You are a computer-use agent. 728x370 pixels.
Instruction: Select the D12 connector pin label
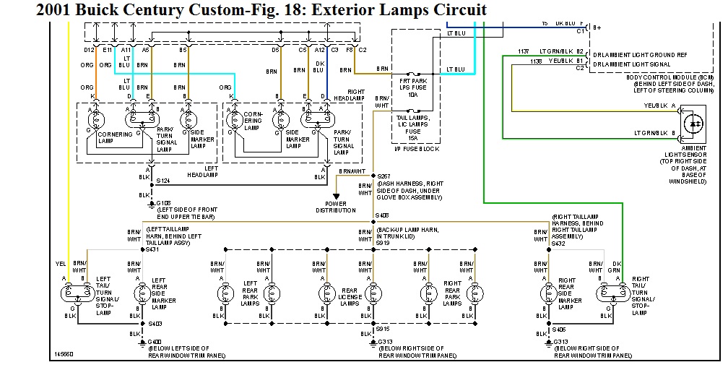[88, 50]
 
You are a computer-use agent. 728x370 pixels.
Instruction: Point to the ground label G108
[165, 204]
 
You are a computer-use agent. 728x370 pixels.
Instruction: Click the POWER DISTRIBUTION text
[336, 207]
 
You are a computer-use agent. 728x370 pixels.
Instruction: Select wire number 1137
[524, 51]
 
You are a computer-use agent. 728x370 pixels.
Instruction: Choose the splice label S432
[559, 244]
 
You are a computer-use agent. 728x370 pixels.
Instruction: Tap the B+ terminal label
[597, 27]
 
